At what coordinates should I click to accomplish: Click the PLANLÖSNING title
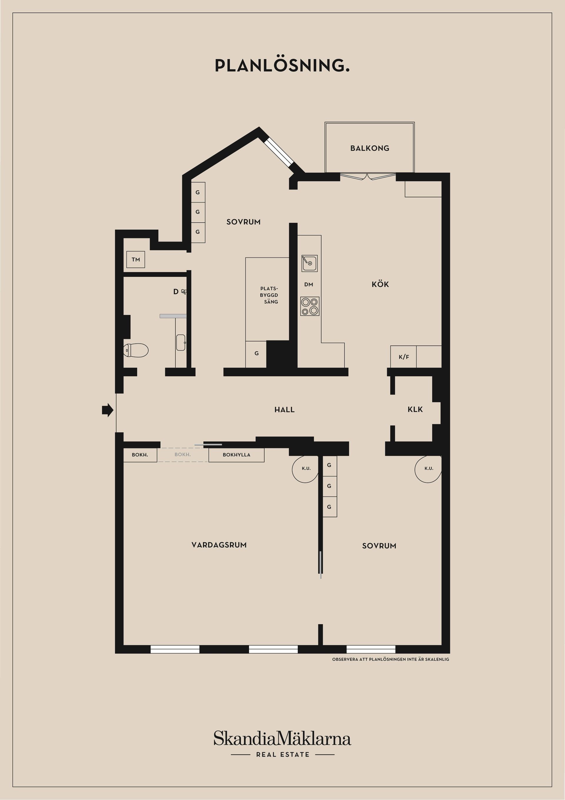coord(282,65)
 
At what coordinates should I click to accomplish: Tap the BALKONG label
coord(370,148)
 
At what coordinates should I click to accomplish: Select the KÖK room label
coord(380,284)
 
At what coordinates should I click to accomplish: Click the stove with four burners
coord(310,306)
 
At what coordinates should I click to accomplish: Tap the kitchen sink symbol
coord(309,263)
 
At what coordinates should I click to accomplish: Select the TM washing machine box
coord(136,259)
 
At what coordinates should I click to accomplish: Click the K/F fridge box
coord(403,357)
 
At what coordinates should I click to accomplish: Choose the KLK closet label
coord(415,409)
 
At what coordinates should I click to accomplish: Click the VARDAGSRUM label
coord(219,545)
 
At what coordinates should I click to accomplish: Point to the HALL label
coord(285,410)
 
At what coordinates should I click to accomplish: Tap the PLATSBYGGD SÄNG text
coord(269,295)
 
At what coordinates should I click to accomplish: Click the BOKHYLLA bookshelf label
coord(236,455)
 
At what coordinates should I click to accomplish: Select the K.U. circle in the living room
coord(306,469)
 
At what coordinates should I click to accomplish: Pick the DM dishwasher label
coord(308,285)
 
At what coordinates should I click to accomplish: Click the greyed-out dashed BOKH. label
coord(182,454)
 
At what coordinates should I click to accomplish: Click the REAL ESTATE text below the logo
coord(282,755)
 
